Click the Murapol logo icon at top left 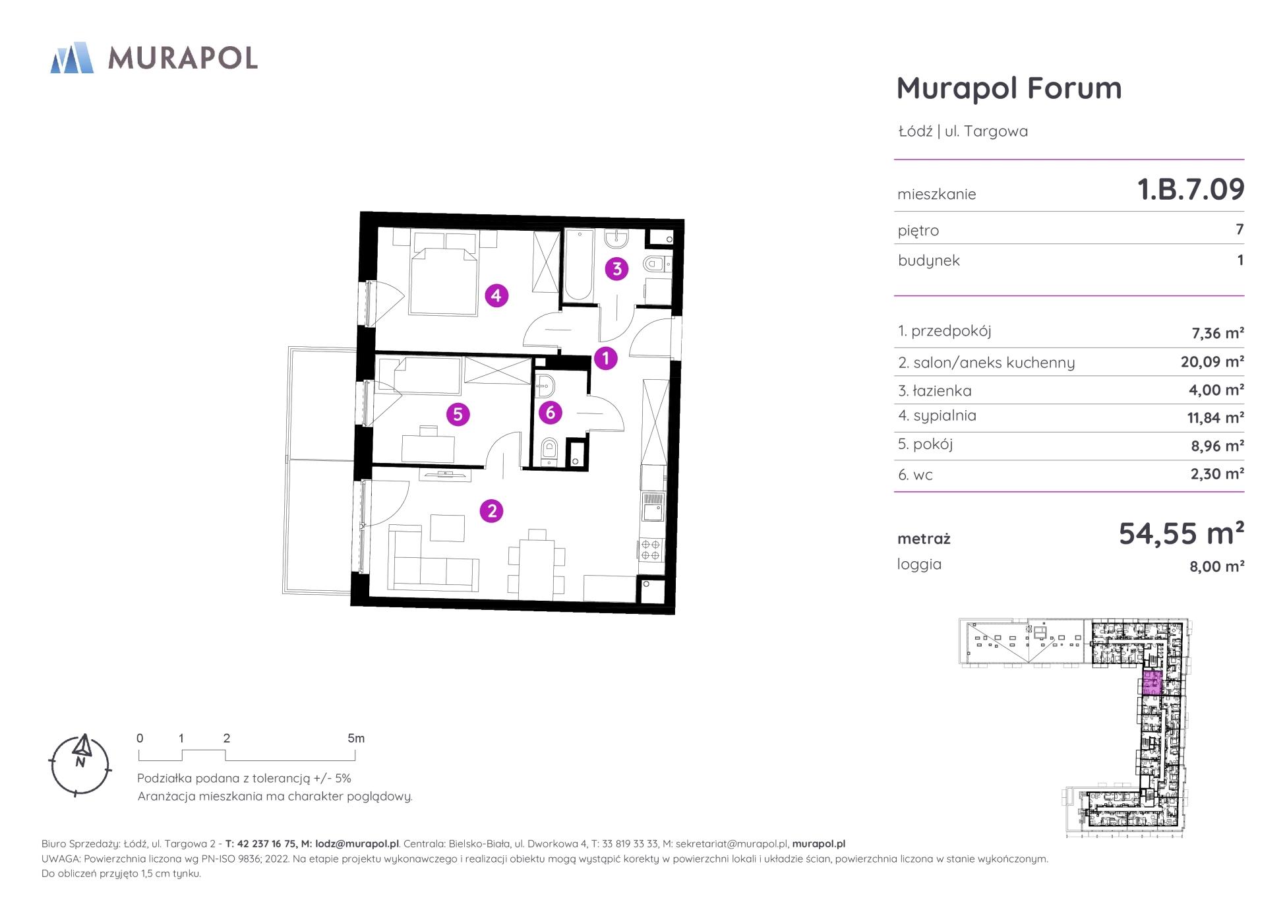pos(72,57)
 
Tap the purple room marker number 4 pos(496,295)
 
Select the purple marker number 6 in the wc pos(550,413)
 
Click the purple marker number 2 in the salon pos(491,510)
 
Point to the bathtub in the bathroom pos(578,265)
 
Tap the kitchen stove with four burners pos(651,550)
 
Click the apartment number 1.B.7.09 pos(1191,189)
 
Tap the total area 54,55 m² pos(1181,533)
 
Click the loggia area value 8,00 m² pos(1216,566)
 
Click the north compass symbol pos(80,765)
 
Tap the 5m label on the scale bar pos(356,738)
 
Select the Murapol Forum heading pos(1009,88)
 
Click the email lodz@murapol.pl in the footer pos(357,843)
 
